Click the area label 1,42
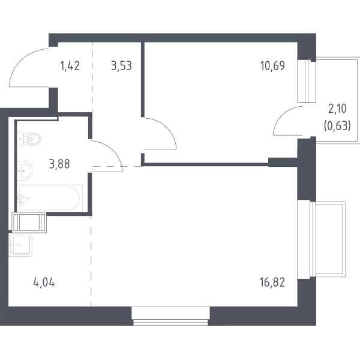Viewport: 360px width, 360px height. point(70,66)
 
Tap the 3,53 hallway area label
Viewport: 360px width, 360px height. point(121,66)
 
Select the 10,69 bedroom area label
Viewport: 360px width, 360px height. point(272,65)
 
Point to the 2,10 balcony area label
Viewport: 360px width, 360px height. point(337,109)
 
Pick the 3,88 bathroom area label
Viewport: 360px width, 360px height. point(59,164)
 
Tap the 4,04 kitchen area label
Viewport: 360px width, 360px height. point(44,283)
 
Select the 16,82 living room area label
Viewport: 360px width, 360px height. point(272,283)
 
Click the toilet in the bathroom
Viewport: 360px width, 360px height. point(29,139)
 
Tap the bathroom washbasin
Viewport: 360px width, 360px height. point(25,170)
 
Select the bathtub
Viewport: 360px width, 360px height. point(50,199)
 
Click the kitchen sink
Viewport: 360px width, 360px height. point(20,245)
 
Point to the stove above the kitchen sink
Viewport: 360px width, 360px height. point(29,223)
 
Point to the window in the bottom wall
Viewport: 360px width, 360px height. point(170,316)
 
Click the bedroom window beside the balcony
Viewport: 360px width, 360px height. point(307,81)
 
